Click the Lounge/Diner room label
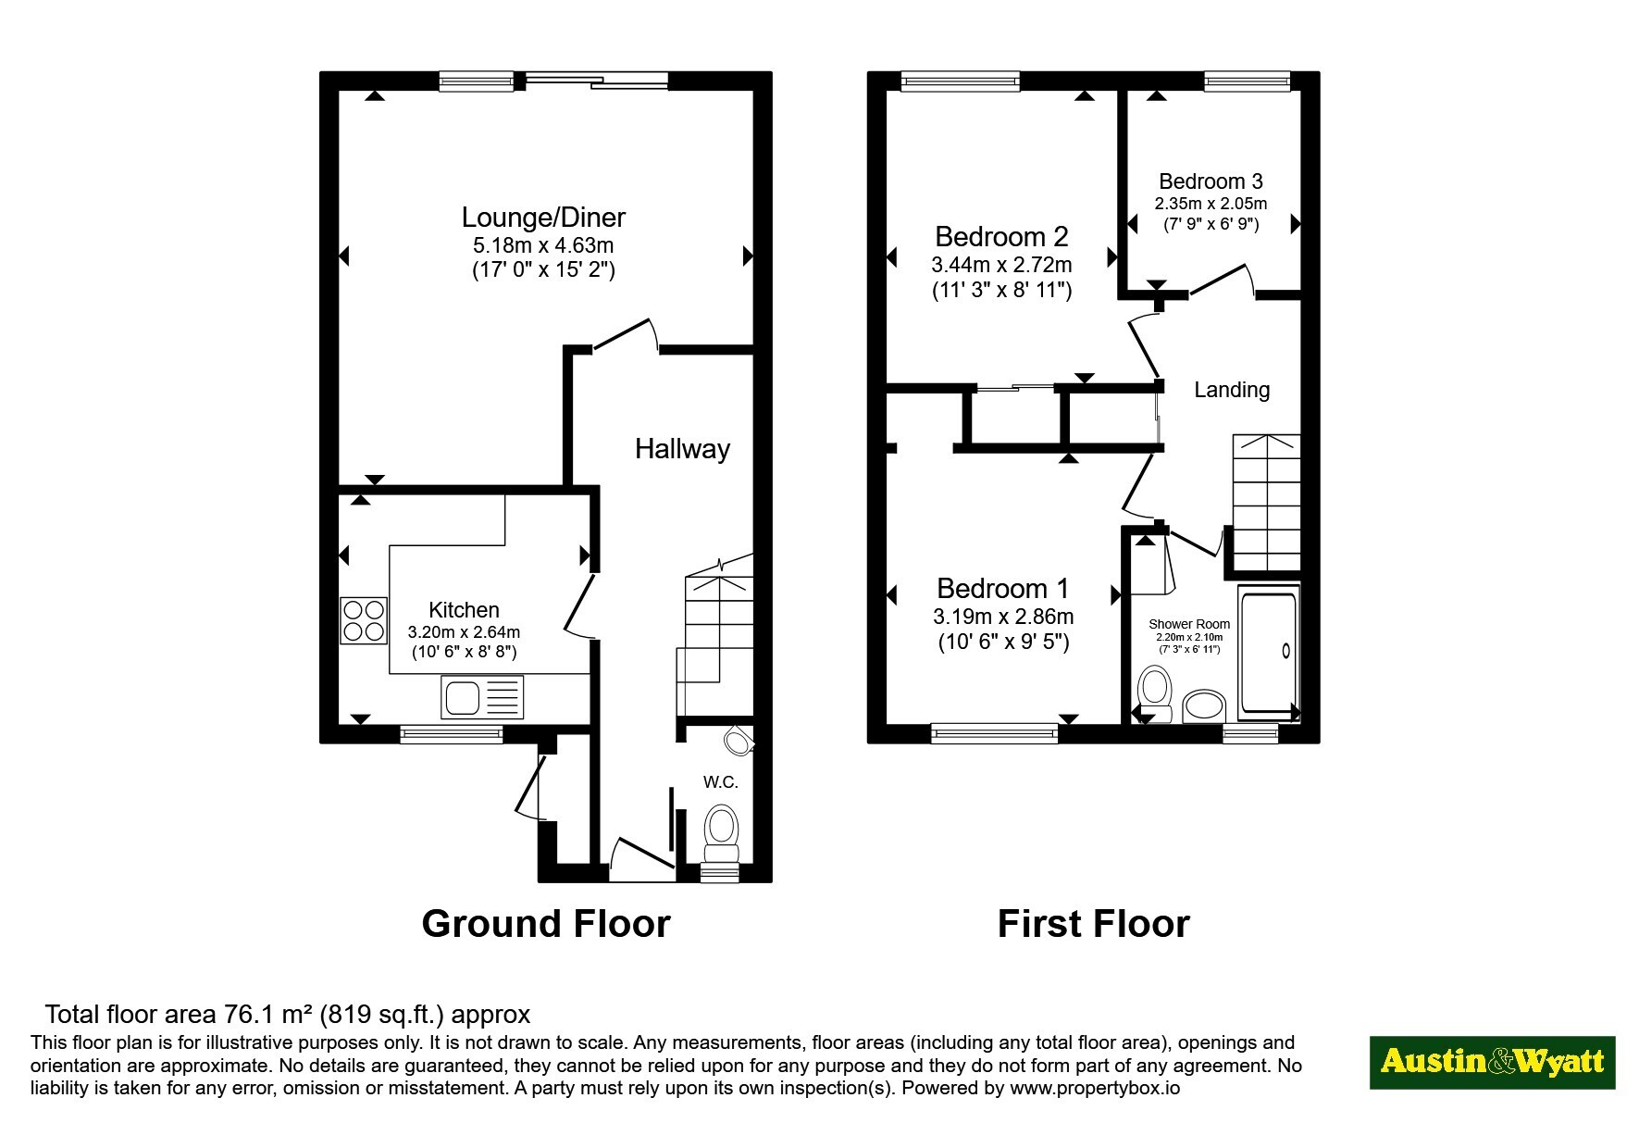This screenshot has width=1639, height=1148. coord(543,218)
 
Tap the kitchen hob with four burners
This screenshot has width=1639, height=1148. coord(363,620)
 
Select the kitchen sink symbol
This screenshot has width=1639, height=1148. coord(483,697)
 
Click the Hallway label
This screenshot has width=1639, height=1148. coord(682,449)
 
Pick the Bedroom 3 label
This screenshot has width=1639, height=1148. coord(1211,181)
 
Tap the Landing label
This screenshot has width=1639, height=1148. coord(1232,390)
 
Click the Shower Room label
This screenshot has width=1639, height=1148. coord(1189,624)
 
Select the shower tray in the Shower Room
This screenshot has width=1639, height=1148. coord(1269,654)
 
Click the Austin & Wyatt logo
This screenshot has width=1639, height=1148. coord(1492,1062)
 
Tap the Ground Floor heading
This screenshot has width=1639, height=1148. coord(546,924)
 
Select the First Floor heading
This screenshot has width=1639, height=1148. coord(1093,924)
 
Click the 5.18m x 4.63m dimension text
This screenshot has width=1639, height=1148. coord(543,245)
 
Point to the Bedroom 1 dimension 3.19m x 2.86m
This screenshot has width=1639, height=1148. coord(1003,617)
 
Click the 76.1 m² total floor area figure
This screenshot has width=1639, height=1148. coord(268,1015)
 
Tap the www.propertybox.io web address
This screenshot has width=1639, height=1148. coord(1095,1088)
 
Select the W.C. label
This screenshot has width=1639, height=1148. coord(721,782)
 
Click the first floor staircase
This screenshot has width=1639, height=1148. coord(1266,503)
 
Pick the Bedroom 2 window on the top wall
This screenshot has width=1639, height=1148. coord(960,81)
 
